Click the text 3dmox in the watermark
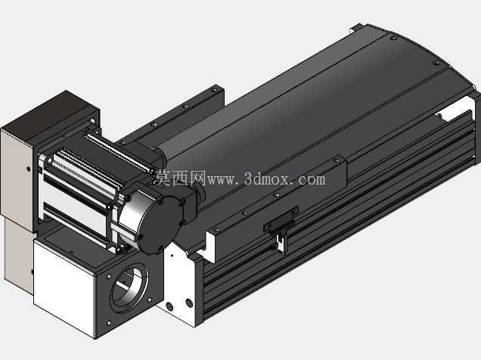tap(266, 178)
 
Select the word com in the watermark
tap(312, 180)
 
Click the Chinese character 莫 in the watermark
tap(163, 178)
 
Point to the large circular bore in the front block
tap(129, 286)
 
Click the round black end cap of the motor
tap(160, 225)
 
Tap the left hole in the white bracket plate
tap(169, 306)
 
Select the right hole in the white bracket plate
tap(189, 303)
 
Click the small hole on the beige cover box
tap(28, 169)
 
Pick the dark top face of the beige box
tap(49, 113)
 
